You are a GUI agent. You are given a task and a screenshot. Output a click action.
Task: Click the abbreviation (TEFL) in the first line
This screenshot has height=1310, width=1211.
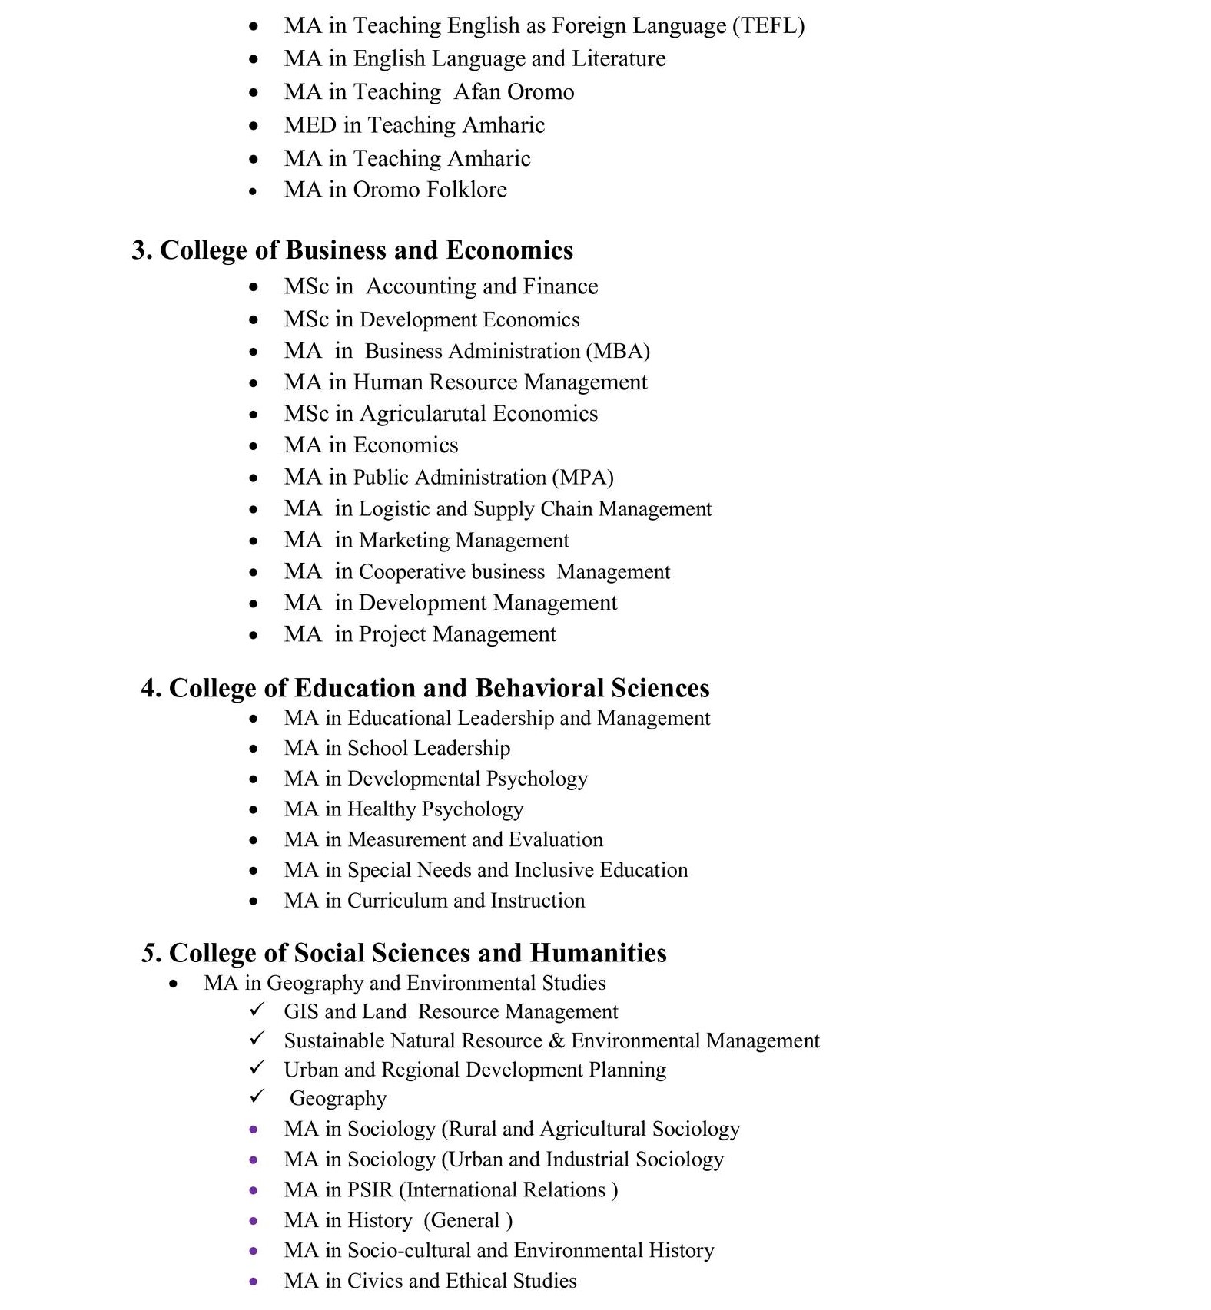click(768, 26)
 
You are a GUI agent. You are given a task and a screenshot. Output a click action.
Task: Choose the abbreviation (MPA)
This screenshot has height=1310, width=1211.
click(582, 478)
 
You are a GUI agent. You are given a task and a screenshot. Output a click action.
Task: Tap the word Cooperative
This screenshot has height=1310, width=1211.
click(412, 572)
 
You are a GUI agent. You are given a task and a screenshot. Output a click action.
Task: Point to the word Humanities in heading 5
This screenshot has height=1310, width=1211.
click(598, 953)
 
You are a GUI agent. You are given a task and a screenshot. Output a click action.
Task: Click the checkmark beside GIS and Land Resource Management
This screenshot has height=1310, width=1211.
click(257, 1010)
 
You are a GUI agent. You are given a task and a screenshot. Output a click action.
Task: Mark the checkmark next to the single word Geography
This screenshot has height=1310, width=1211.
click(257, 1097)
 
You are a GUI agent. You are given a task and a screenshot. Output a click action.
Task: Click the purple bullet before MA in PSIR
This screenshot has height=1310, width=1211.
click(254, 1191)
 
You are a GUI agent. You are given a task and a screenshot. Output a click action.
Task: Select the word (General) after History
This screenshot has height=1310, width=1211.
click(468, 1221)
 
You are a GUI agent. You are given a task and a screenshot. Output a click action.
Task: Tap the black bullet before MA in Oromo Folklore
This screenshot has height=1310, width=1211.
click(254, 190)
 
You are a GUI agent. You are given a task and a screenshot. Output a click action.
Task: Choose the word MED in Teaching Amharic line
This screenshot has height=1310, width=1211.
click(310, 125)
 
